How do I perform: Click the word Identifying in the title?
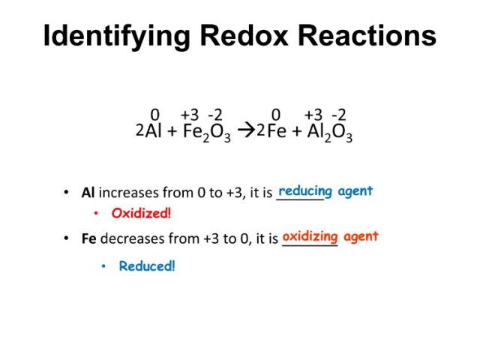click(x=117, y=35)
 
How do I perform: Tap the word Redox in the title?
click(x=244, y=35)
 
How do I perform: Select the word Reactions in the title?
click(x=367, y=35)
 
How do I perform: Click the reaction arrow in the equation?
click(x=247, y=131)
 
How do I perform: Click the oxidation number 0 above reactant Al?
click(x=155, y=115)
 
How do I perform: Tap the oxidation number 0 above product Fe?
click(x=276, y=115)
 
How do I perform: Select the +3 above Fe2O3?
click(x=190, y=115)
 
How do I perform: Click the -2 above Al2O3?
click(x=339, y=115)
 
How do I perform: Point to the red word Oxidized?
click(x=141, y=213)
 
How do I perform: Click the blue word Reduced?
click(x=147, y=266)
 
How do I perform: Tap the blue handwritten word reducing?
click(x=305, y=192)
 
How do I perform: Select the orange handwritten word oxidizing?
click(x=310, y=237)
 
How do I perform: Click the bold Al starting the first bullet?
click(x=88, y=193)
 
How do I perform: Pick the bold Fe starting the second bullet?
click(x=89, y=238)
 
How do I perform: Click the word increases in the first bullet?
click(x=128, y=193)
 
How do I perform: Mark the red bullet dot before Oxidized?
click(x=96, y=213)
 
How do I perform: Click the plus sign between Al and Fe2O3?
click(x=172, y=132)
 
